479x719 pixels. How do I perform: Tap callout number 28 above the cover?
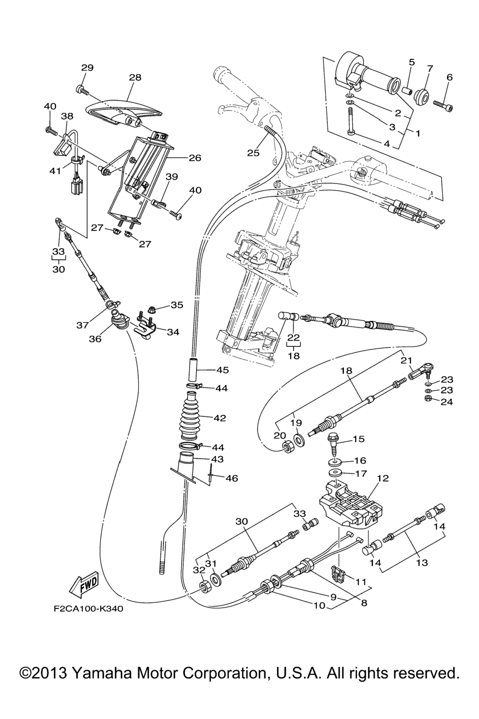[135, 78]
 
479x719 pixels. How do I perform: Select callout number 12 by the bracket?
[383, 478]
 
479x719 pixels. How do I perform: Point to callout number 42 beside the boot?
[219, 418]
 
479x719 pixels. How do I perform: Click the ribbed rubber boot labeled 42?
[191, 418]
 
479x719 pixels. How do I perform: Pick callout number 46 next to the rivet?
[232, 478]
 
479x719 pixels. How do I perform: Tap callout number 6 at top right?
[450, 78]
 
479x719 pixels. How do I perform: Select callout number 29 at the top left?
[87, 67]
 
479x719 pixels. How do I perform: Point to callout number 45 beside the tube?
[222, 370]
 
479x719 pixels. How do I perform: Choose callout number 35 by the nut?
[177, 305]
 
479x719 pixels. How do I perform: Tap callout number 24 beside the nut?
[447, 401]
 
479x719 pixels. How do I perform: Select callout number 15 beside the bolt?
[358, 439]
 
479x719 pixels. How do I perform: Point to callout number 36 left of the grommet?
[95, 338]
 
